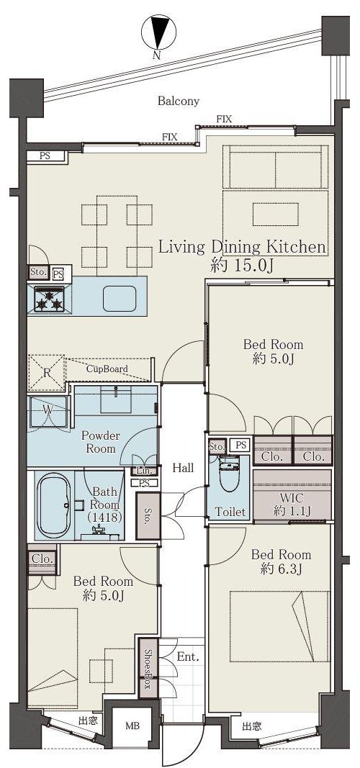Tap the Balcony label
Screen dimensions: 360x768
tap(179, 101)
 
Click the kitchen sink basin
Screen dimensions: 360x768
tap(120, 298)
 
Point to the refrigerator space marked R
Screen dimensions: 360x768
tap(47, 373)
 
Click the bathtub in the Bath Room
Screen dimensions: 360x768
tap(55, 505)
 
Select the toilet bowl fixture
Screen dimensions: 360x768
tap(229, 473)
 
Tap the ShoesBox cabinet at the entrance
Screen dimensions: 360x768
tap(148, 668)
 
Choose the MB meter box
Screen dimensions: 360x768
tap(132, 726)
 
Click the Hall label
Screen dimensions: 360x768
tap(183, 468)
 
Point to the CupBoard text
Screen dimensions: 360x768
tap(107, 369)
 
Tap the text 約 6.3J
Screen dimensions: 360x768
tap(281, 569)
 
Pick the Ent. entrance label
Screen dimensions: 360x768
tap(188, 657)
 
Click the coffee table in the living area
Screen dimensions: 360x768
tap(275, 214)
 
